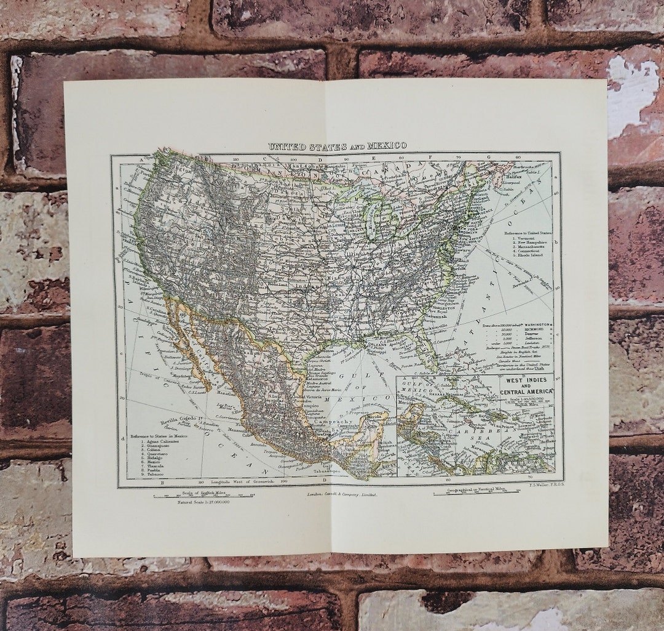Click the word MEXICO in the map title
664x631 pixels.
[387, 146]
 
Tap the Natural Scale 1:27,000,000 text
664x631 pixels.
[194, 502]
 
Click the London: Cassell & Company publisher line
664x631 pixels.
[341, 494]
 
